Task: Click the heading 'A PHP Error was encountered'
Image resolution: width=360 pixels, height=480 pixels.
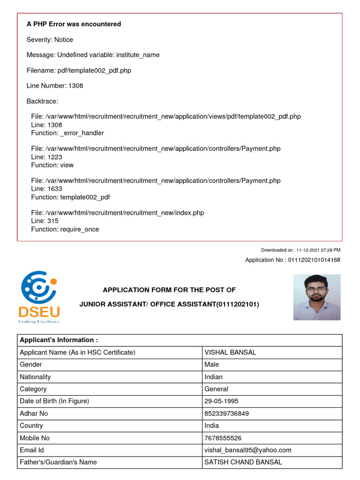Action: click(x=74, y=24)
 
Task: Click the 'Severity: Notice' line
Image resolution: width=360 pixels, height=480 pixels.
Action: click(x=50, y=39)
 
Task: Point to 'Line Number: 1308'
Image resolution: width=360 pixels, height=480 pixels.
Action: click(x=55, y=86)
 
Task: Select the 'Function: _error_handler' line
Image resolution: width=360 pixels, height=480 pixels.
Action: click(x=67, y=133)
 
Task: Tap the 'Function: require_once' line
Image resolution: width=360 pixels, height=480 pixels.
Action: click(x=65, y=229)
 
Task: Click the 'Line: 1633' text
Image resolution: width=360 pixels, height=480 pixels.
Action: click(x=46, y=189)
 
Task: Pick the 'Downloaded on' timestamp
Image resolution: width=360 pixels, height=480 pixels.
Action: click(x=300, y=250)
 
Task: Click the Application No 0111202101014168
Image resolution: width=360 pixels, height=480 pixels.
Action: click(x=292, y=260)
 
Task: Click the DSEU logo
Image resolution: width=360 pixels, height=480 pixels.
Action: click(x=38, y=297)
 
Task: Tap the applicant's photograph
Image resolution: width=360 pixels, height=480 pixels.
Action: click(x=317, y=297)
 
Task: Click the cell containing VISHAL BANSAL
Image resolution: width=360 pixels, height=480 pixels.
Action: click(x=230, y=352)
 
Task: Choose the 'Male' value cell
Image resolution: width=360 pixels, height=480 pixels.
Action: click(x=211, y=365)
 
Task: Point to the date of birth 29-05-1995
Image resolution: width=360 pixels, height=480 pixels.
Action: click(x=221, y=401)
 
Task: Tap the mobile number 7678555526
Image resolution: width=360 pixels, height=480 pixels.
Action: click(x=223, y=438)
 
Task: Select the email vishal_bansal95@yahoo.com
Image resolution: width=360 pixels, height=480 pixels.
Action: click(x=247, y=450)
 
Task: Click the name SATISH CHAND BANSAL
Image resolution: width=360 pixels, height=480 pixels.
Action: click(x=243, y=462)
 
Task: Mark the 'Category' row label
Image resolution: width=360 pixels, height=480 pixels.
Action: click(x=33, y=389)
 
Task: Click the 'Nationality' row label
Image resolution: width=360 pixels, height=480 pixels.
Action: click(x=35, y=377)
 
